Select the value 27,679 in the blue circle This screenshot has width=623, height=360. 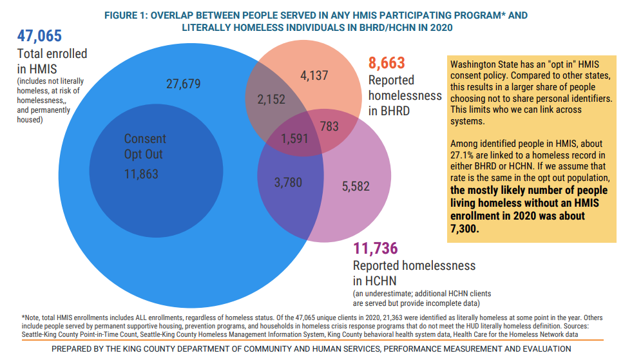[184, 84]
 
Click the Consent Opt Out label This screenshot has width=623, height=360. [144, 147]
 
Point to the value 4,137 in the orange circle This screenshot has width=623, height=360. [314, 75]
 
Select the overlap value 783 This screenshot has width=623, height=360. [329, 127]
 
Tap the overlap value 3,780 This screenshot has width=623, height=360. [287, 183]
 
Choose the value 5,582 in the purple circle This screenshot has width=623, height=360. [356, 186]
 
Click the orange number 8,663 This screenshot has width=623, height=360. [387, 62]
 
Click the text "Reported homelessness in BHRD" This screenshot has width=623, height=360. [405, 95]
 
